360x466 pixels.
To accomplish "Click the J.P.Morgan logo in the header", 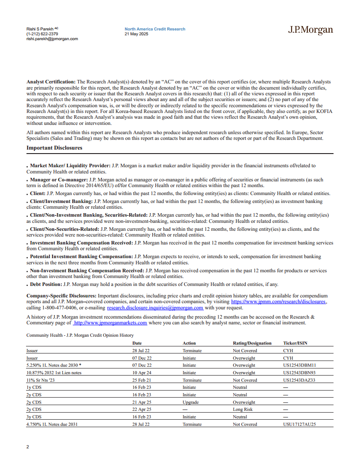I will [x=310, y=30].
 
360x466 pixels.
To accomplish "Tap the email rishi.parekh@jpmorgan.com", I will [x=52, y=39].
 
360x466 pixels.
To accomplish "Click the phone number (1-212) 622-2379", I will [x=42, y=34].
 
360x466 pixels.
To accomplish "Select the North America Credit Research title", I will [x=155, y=29].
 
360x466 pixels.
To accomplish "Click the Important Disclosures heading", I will [x=54, y=148].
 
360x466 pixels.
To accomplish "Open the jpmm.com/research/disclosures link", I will [x=278, y=301].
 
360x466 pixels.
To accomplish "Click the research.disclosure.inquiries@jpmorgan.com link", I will [x=155, y=308].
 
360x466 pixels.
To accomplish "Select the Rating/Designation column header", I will [x=252, y=343].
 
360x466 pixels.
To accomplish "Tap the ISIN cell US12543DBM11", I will [x=300, y=365].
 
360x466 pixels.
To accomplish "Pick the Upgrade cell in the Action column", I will [x=191, y=402].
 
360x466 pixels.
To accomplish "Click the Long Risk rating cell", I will [x=243, y=410].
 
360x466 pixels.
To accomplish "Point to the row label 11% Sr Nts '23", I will [x=41, y=380].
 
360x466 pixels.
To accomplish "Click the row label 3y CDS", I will [x=34, y=417].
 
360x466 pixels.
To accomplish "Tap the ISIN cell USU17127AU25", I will [x=300, y=425].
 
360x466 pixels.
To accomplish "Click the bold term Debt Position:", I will [x=46, y=285].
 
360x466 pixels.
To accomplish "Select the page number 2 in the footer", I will [x=28, y=447].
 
